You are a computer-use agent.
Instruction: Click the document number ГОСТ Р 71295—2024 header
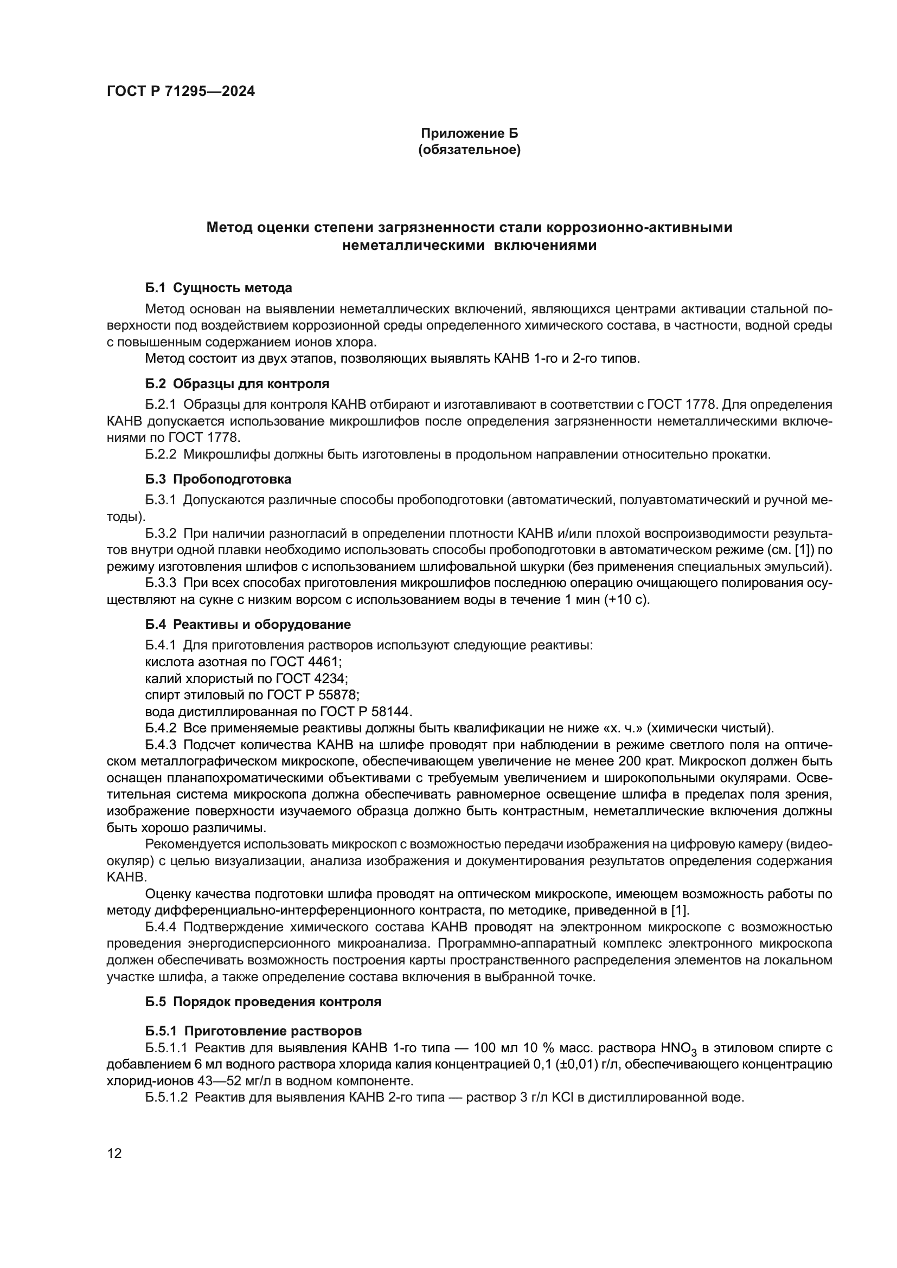point(181,92)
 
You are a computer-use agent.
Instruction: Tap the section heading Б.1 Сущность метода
point(219,288)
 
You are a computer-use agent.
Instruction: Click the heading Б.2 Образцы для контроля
point(237,383)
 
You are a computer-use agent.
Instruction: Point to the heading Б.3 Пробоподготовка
point(218,479)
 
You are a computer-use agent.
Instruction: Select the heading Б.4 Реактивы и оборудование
point(248,625)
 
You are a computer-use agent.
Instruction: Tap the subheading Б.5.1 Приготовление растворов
point(253,1031)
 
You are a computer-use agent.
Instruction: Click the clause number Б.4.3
point(161,745)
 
